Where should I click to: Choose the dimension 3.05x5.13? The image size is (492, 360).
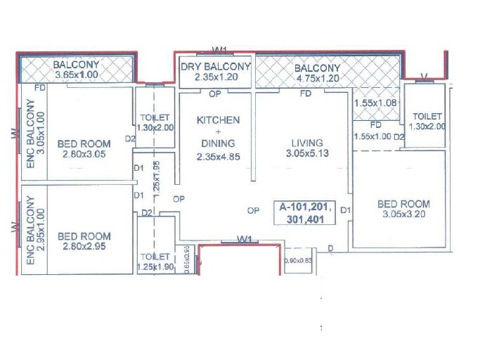click(x=308, y=154)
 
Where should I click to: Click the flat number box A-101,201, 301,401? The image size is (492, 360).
click(x=305, y=213)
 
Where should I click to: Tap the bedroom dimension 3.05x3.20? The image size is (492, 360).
click(x=403, y=215)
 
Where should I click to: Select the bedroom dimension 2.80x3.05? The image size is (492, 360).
click(x=82, y=155)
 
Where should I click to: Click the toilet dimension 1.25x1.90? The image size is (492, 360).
click(x=155, y=266)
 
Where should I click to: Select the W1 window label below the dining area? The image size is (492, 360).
click(x=245, y=239)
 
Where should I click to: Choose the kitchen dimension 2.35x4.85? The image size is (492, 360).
click(x=219, y=157)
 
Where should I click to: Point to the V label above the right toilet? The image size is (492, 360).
click(x=422, y=75)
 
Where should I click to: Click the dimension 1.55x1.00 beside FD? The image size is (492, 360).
click(x=373, y=136)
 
